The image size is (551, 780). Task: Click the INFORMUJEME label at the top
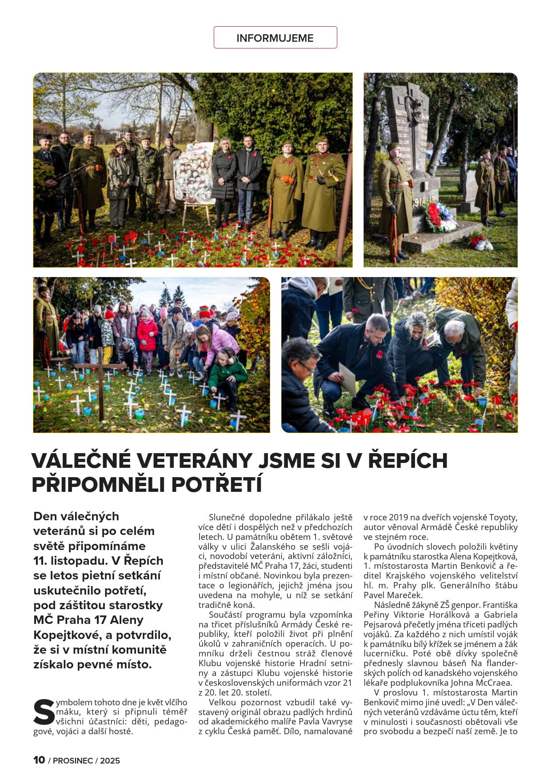(x=275, y=38)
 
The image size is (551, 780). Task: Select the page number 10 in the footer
(x=39, y=760)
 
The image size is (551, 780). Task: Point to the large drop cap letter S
(x=44, y=712)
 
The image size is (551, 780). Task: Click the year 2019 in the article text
(x=399, y=518)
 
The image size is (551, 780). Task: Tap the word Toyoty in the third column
(x=503, y=518)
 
